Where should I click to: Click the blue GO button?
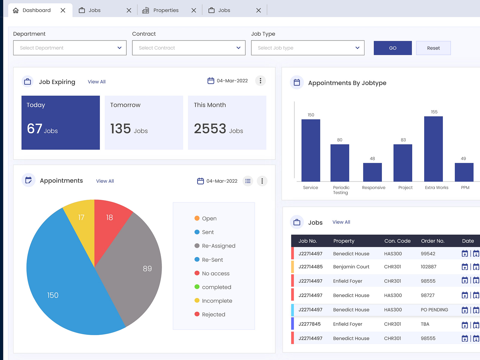pyautogui.click(x=392, y=48)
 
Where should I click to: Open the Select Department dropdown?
pyautogui.click(x=70, y=48)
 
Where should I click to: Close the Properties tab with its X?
pyautogui.click(x=194, y=10)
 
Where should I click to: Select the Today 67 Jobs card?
pyautogui.click(x=61, y=122)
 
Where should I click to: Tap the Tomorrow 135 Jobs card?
pyautogui.click(x=144, y=122)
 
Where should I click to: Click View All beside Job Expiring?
pyautogui.click(x=97, y=82)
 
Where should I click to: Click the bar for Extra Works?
pyautogui.click(x=433, y=149)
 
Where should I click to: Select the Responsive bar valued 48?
pyautogui.click(x=372, y=172)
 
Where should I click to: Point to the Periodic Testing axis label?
pyautogui.click(x=341, y=190)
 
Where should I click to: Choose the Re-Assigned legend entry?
pyautogui.click(x=218, y=246)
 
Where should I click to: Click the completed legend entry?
pyautogui.click(x=216, y=287)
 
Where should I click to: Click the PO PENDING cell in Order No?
pyautogui.click(x=434, y=310)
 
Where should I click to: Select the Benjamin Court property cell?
pyautogui.click(x=351, y=267)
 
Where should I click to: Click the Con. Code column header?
pyautogui.click(x=397, y=241)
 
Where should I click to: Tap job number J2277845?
pyautogui.click(x=309, y=324)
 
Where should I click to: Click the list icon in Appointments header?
pyautogui.click(x=248, y=181)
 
